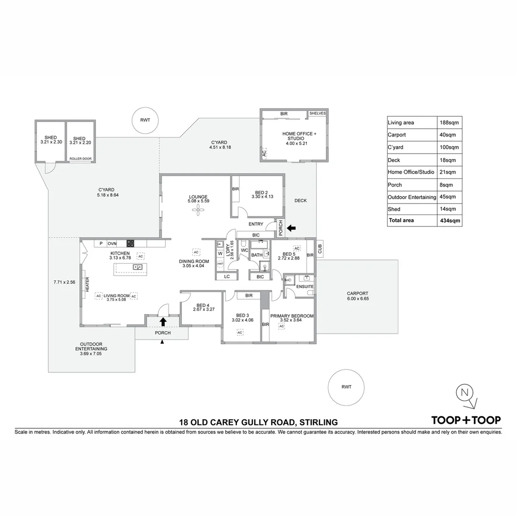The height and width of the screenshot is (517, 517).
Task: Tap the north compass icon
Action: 464,393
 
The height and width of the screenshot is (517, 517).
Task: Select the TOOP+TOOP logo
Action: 466,420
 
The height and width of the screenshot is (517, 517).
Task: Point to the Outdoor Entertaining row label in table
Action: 412,197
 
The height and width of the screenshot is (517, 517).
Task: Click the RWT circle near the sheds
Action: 145,120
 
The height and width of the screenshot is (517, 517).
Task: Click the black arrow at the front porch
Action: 163,321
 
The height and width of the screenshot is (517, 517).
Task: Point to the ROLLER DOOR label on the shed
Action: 79,158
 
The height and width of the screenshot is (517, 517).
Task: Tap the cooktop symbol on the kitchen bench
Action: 130,243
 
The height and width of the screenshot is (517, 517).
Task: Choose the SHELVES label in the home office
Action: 317,113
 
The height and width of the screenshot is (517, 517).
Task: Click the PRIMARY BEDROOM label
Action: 292,316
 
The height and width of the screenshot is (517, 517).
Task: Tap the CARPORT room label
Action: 358,293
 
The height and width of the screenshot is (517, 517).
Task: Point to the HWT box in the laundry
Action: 220,264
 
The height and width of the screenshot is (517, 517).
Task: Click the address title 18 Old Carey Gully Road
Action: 258,422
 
